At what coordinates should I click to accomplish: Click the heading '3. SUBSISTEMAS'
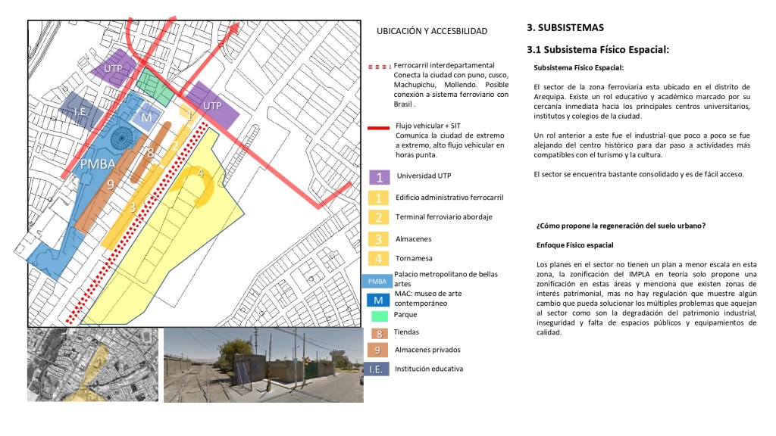coord(565,28)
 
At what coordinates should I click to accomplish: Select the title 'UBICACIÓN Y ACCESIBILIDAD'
coord(432,31)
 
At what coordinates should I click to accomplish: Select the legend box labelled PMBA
coord(377,280)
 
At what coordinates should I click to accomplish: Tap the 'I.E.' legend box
coord(377,369)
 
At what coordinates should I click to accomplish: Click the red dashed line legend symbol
coord(379,67)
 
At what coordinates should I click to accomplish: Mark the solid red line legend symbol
coord(379,127)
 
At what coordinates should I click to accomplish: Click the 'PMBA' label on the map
coord(98,164)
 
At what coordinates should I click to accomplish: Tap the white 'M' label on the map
coord(146,117)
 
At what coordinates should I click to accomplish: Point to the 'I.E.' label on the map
coord(81,112)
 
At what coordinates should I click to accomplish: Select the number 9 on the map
coord(111,185)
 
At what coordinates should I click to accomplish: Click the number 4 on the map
coord(200,173)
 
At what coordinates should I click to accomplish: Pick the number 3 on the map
coord(132,207)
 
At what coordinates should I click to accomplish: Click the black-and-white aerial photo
coord(92,364)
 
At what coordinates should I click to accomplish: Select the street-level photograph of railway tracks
coord(262,364)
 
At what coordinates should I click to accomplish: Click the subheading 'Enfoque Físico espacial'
coord(574,245)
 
